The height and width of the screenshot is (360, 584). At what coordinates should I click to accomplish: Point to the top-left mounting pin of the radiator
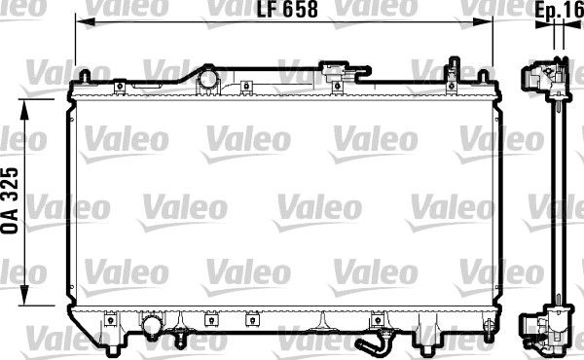(x=86, y=75)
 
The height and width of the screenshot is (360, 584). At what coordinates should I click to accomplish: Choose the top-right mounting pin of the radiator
(x=454, y=68)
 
